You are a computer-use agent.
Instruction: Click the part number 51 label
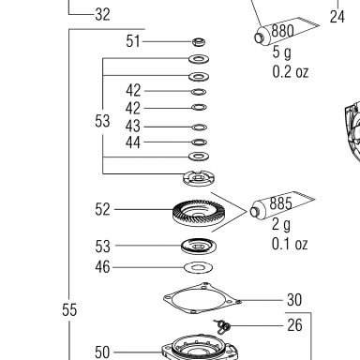(x=133, y=41)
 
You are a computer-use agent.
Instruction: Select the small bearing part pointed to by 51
(x=199, y=42)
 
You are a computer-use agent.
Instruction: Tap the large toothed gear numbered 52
(x=199, y=213)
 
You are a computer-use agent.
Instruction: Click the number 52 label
(x=102, y=209)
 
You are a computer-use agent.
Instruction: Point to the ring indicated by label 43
(x=199, y=127)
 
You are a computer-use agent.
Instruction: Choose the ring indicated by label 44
(x=199, y=142)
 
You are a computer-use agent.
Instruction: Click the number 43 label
(x=133, y=127)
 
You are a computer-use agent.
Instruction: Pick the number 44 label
(x=133, y=142)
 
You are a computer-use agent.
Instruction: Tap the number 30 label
(x=294, y=300)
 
